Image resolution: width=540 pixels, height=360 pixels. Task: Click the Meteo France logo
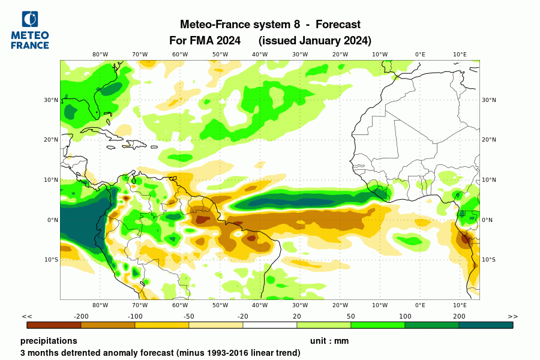pyautogui.click(x=30, y=31)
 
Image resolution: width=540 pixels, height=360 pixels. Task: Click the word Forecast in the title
pyautogui.click(x=338, y=25)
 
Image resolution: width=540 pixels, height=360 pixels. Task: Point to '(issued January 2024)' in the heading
pyautogui.click(x=315, y=41)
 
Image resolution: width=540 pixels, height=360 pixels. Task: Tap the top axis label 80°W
pyautogui.click(x=100, y=55)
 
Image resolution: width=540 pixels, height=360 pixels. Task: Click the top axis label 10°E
pyautogui.click(x=460, y=55)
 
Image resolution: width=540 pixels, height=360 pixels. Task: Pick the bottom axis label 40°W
pyautogui.click(x=260, y=305)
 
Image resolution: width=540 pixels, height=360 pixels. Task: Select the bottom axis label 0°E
pyautogui.click(x=420, y=305)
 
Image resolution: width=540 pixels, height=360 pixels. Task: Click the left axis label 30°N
pyautogui.click(x=51, y=100)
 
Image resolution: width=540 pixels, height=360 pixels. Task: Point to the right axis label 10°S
pyautogui.click(x=489, y=260)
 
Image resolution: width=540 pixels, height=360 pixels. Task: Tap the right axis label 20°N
pyautogui.click(x=489, y=140)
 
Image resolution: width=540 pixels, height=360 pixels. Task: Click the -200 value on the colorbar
pyautogui.click(x=81, y=316)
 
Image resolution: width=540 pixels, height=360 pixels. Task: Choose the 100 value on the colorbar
pyautogui.click(x=405, y=316)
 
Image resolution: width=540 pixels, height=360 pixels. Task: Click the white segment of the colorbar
pyautogui.click(x=270, y=325)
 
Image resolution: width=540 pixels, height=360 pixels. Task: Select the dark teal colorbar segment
pyautogui.click(x=486, y=325)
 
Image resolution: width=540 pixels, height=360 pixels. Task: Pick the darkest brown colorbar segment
pyautogui.click(x=54, y=325)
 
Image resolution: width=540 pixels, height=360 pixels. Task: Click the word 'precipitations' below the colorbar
pyautogui.click(x=49, y=341)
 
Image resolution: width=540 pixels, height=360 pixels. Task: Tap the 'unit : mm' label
pyautogui.click(x=329, y=341)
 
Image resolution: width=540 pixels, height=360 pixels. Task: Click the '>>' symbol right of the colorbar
pyautogui.click(x=512, y=316)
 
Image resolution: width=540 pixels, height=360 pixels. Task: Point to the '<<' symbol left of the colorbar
pyautogui.click(x=27, y=316)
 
